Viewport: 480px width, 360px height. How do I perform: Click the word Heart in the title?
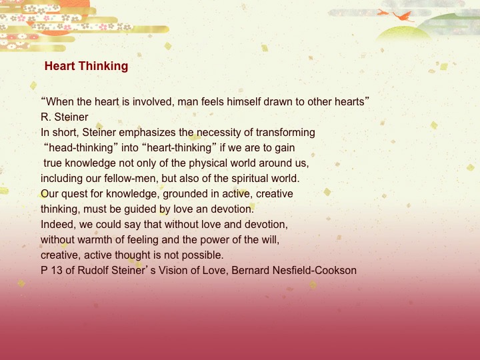click(x=59, y=67)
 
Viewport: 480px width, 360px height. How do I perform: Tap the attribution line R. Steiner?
click(x=65, y=117)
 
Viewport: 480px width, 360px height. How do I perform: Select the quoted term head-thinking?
click(x=79, y=147)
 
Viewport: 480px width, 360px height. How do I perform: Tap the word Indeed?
click(x=57, y=224)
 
